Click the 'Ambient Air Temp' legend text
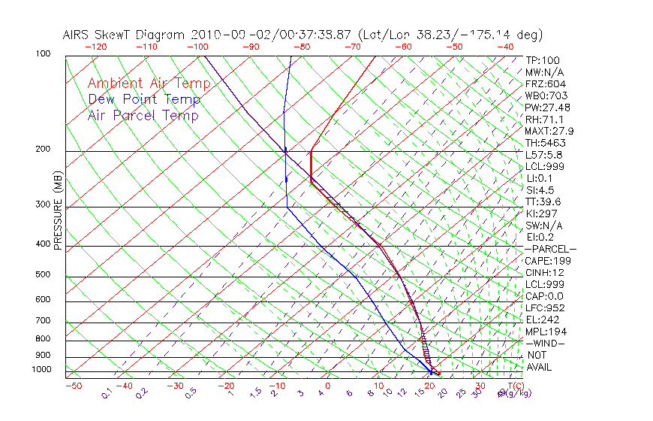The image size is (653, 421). (149, 83)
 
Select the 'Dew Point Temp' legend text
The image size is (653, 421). (144, 100)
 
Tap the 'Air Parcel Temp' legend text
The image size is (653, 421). (143, 116)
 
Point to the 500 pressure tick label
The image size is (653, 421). (42, 274)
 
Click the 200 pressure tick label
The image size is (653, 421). (42, 149)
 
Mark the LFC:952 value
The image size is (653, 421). (545, 307)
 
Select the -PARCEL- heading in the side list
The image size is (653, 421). (551, 249)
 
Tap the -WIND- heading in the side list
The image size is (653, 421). (545, 343)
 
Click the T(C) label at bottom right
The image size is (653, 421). (516, 386)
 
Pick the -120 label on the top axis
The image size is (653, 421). (95, 47)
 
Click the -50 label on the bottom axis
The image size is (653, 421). (73, 386)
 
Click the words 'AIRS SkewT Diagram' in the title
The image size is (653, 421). (125, 35)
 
